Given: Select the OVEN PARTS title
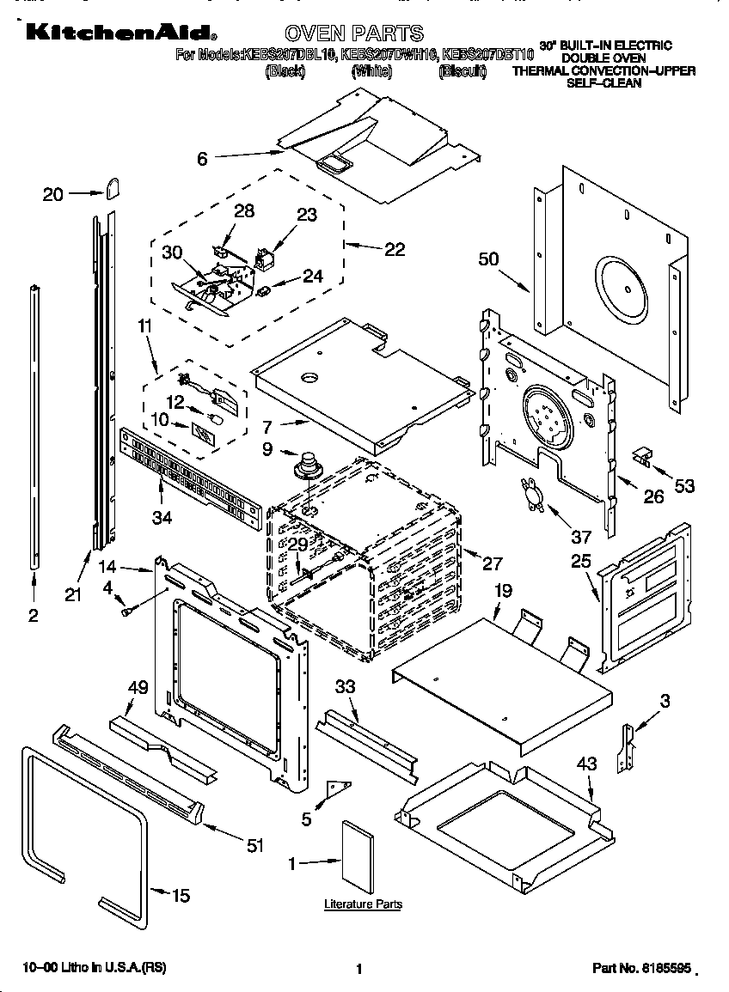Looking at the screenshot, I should pos(353,33).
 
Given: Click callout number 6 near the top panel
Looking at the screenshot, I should pos(202,158).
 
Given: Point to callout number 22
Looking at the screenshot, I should pos(394,249).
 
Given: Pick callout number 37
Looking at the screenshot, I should pos(581,538).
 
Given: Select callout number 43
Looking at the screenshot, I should pos(586,762).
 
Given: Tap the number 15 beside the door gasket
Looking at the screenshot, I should pos(180,896).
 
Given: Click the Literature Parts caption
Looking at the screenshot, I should pos(363,904).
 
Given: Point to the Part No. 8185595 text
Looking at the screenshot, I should pos(641,968).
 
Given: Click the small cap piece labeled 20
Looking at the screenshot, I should pos(113,188).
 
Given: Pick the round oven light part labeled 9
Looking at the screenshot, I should pos(305,469).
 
